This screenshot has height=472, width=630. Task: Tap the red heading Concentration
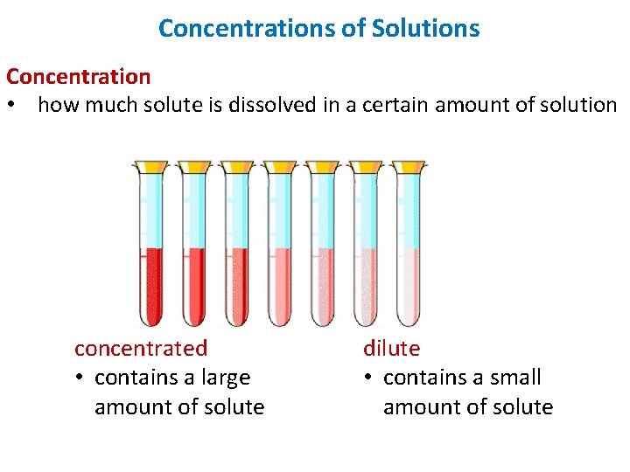click(x=79, y=77)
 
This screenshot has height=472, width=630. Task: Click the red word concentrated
click(x=141, y=348)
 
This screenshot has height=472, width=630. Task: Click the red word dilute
click(x=392, y=348)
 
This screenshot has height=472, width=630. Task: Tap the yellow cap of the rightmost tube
click(x=409, y=166)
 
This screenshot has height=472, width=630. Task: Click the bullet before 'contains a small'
click(x=368, y=378)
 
